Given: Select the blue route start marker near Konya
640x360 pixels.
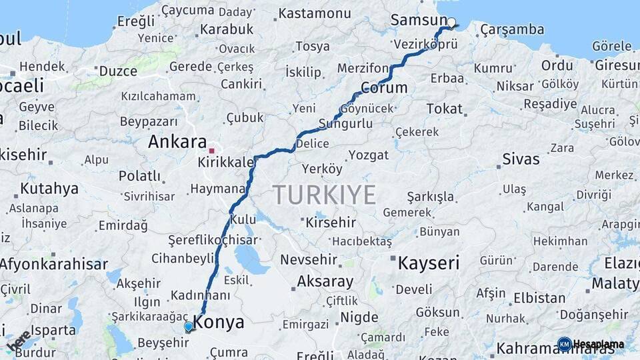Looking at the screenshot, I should pos(189,327).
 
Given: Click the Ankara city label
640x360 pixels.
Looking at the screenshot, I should pos(177,142).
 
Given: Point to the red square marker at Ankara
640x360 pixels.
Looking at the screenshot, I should pos(212,151).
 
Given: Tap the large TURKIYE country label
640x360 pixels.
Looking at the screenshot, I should pos(324,195).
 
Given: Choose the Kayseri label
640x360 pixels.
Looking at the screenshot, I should pos(429,263).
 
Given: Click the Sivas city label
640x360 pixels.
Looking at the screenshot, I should pos(521,159).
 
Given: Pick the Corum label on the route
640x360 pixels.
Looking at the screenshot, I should pos(384,87).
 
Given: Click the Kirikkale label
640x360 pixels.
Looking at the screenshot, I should pos(227,163).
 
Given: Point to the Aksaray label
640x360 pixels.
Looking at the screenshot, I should pos(325,281).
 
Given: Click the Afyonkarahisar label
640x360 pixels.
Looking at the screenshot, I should pos(53,264).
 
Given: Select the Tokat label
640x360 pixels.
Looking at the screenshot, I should pos(444,109).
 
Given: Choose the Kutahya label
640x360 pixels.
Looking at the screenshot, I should pos(49,189).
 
